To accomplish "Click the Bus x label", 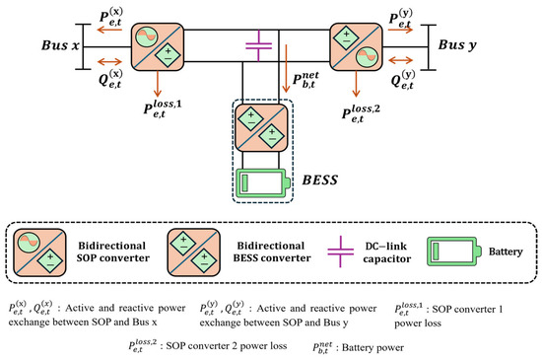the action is click(x=60, y=45).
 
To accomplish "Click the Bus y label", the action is click(x=457, y=45).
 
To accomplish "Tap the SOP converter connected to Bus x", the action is click(x=158, y=46).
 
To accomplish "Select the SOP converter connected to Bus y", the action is click(x=357, y=46).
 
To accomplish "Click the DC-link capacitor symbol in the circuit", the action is click(x=258, y=45).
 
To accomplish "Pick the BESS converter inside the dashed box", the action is click(x=261, y=127).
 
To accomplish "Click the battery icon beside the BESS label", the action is click(x=263, y=182).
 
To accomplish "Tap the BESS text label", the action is click(x=320, y=180).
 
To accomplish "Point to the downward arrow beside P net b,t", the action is click(x=286, y=68).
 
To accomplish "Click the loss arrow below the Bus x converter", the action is click(x=158, y=84).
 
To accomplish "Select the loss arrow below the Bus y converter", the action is click(x=356, y=84).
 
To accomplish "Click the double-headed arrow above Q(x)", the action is click(x=110, y=62).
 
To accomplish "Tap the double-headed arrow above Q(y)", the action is click(x=401, y=60).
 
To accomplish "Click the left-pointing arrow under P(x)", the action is click(x=110, y=30).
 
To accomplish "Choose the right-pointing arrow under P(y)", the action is click(x=401, y=30).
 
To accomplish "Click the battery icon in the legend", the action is click(x=454, y=252).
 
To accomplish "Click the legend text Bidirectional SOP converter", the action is click(x=112, y=252).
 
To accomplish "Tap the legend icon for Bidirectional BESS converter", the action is click(x=193, y=252).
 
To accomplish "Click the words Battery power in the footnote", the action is click(x=373, y=347).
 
